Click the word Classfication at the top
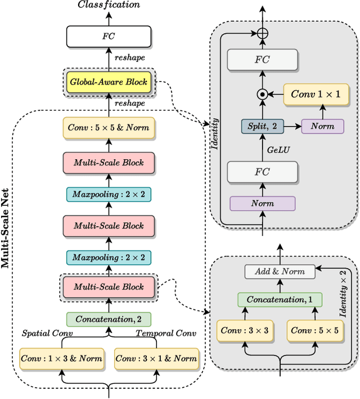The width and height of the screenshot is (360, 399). (109, 5)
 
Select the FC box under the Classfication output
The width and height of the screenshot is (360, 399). (109, 37)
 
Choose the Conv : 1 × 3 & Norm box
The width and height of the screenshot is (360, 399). (61, 358)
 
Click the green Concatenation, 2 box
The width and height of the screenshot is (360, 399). (109, 319)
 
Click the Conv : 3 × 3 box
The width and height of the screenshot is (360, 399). (240, 330)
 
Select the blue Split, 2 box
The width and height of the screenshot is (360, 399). (262, 126)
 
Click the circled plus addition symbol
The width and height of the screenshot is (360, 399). (262, 33)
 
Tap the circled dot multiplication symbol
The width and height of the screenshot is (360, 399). (262, 95)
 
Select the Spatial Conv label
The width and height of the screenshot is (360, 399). (47, 333)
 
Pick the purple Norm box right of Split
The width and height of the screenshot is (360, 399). (322, 126)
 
